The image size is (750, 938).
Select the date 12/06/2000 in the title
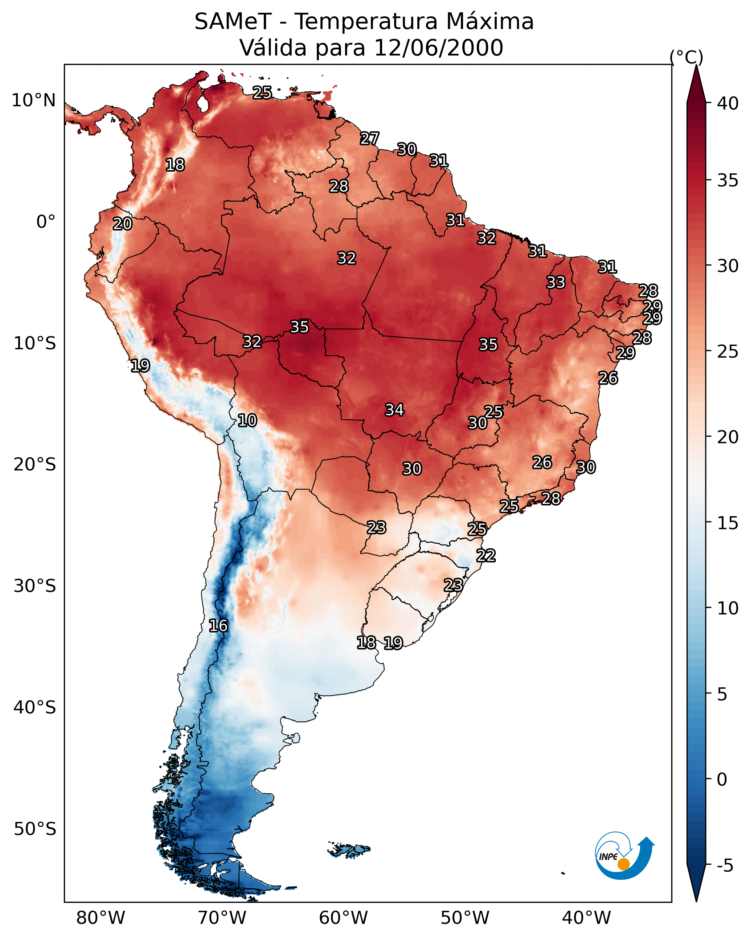pos(438,48)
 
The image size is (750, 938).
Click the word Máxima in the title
pos(490,22)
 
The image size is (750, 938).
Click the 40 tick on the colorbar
pos(728,103)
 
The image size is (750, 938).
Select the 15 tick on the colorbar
pos(728,523)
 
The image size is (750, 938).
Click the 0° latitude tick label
pos(46,222)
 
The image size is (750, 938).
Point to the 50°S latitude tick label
pos(35,829)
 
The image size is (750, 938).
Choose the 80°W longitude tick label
pos(101,918)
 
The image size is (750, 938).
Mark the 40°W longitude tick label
pos(586,918)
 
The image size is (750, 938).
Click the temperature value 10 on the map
pos(247,420)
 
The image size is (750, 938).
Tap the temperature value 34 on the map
pos(394,410)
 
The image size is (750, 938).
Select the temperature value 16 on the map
pos(218,626)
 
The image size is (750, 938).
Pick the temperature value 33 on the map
pos(556,282)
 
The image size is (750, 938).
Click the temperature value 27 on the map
pos(370,138)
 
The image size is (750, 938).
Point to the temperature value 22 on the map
pos(486,556)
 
